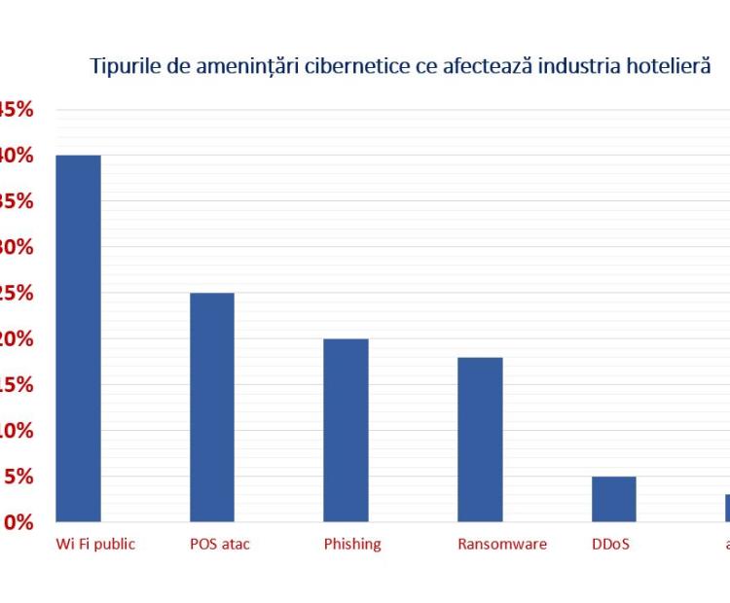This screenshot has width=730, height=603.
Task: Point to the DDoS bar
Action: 613,499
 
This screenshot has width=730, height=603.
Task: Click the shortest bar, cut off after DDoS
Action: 726,508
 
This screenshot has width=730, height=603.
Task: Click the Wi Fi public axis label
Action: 94,544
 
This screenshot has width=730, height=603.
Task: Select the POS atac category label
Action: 220,544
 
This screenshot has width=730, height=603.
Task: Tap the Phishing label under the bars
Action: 352,544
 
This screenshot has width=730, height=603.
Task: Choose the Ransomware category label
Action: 502,544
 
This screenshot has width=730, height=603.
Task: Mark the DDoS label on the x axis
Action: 610,544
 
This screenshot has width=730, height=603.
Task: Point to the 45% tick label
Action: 17,109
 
